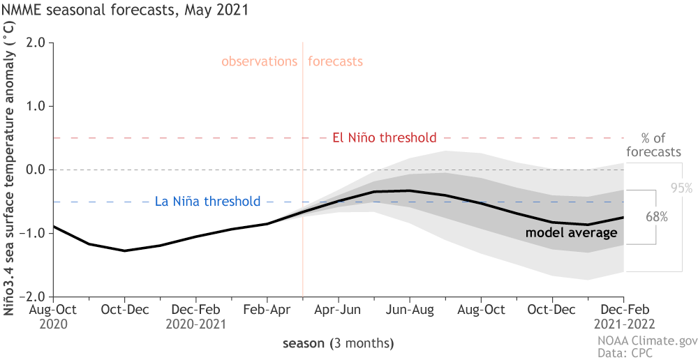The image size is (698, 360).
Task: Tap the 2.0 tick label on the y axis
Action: click(36, 43)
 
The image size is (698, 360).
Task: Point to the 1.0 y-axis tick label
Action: click(36, 106)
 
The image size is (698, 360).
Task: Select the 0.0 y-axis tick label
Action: click(36, 170)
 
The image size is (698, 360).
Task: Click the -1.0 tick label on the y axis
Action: click(34, 233)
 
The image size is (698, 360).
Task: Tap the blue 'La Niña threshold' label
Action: click(207, 202)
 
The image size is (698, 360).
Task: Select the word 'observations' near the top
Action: click(260, 61)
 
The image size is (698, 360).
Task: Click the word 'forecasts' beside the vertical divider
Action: click(336, 61)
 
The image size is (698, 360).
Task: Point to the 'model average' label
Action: click(571, 232)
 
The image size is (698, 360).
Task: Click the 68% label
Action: click(656, 217)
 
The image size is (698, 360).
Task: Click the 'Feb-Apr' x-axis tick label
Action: click(267, 308)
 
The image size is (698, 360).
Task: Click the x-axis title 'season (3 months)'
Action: click(338, 343)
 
